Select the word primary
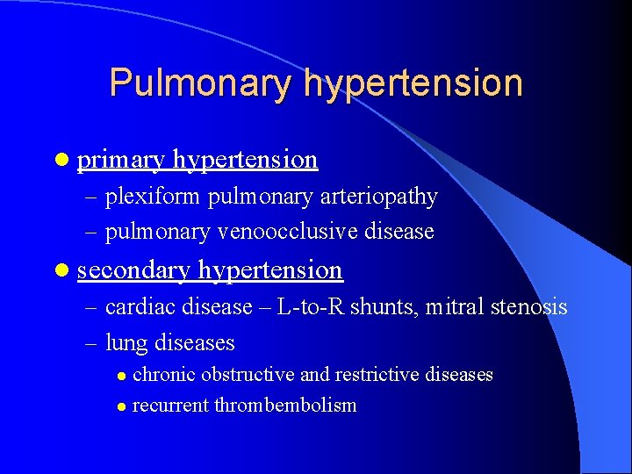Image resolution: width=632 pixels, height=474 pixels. coord(121,160)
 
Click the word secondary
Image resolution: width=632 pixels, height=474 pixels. coord(133,270)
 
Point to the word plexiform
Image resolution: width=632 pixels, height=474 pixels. coord(154,197)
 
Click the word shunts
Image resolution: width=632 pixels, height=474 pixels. coord(382,307)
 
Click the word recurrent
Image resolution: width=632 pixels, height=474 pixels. coord(170,406)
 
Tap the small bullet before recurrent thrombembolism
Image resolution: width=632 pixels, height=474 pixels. coord(121,406)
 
